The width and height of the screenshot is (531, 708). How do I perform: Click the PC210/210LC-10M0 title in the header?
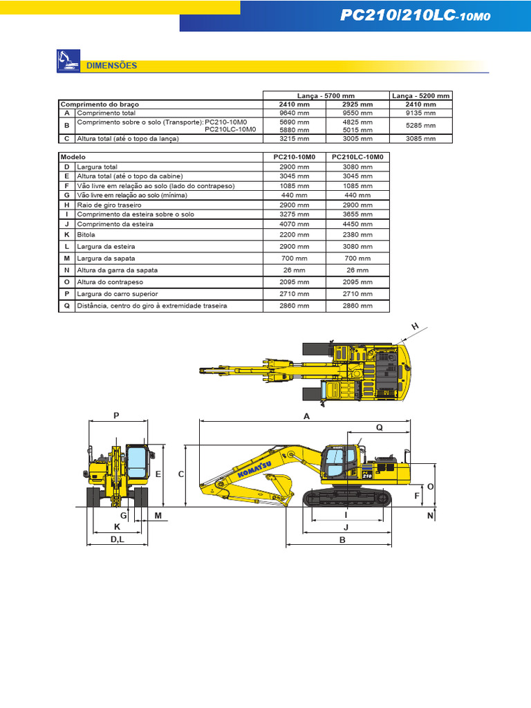tap(416, 16)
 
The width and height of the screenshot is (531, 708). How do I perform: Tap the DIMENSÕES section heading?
tap(111, 66)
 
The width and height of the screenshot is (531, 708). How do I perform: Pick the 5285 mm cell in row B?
tap(422, 125)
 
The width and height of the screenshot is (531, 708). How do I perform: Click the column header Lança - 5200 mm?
tap(422, 95)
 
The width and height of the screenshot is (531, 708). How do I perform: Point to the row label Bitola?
tap(86, 234)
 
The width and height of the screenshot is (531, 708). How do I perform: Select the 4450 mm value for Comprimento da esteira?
tap(357, 224)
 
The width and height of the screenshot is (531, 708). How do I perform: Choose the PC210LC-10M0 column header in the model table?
tap(357, 157)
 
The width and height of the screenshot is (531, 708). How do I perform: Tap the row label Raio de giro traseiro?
tap(109, 205)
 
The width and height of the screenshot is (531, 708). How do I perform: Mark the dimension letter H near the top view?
tap(416, 326)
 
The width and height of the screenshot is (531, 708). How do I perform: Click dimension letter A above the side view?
tap(306, 416)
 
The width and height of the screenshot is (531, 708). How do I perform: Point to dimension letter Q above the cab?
tap(379, 428)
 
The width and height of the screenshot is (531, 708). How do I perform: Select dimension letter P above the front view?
tap(116, 415)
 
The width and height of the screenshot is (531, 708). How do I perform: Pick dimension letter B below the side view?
tap(342, 540)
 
